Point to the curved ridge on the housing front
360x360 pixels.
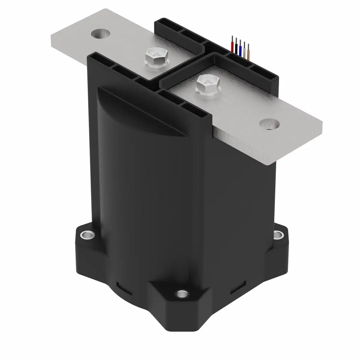tap(141, 111)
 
